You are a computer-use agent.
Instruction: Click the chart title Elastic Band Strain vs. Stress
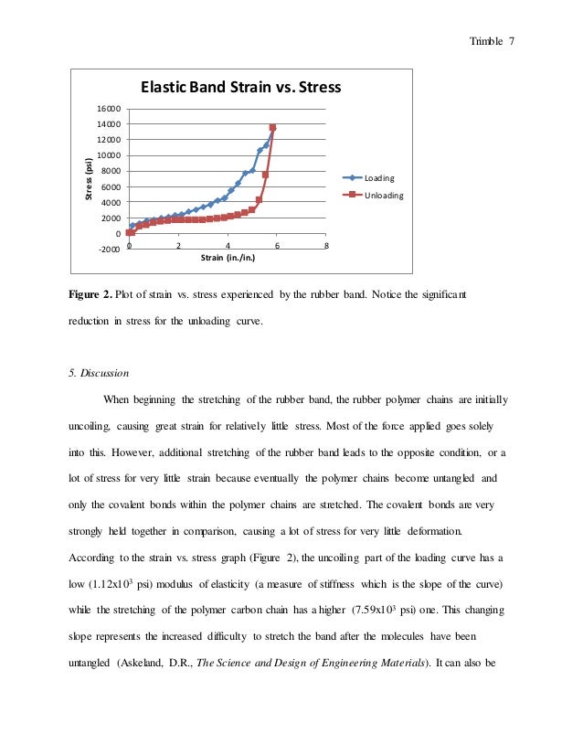pos(239,88)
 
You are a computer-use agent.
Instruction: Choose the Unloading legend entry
pos(384,196)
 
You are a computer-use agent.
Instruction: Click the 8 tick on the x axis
pos(326,245)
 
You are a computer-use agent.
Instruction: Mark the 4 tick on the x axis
pos(228,245)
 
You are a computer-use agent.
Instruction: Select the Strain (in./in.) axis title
pos(228,259)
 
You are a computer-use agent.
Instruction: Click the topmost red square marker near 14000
pos(272,128)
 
